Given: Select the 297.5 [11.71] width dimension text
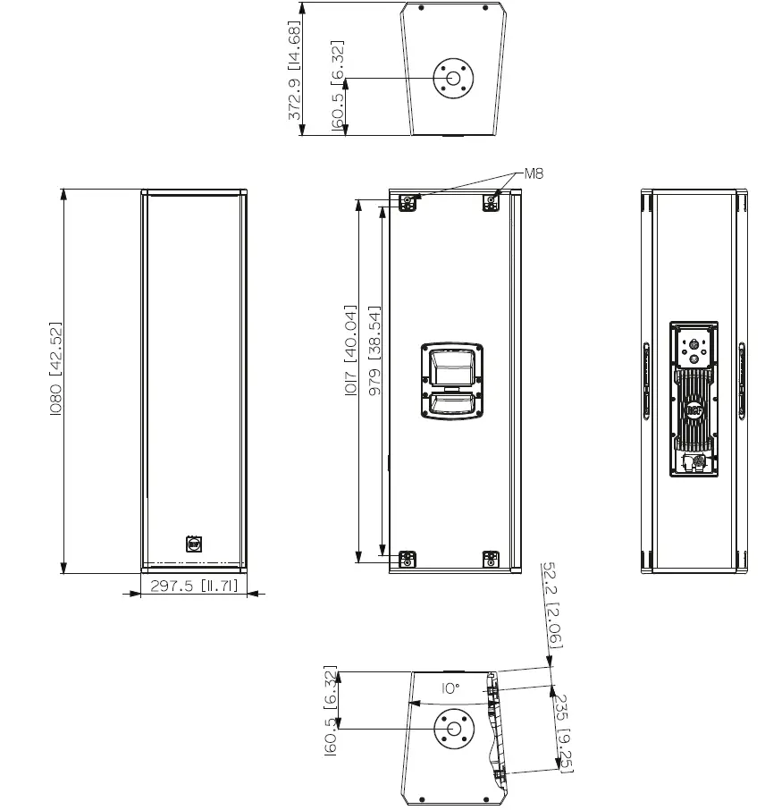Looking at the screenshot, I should coord(193,586).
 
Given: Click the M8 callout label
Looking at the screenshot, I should coord(533,174).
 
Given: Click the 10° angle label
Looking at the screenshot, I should coord(450,688).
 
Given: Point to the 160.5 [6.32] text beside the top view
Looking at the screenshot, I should coord(338,86).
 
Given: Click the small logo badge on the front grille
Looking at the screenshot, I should coord(193,543).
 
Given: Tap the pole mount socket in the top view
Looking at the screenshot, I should coord(453,78).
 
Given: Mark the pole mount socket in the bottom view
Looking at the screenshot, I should coord(453,729).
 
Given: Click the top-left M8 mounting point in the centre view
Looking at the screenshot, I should coord(408,203).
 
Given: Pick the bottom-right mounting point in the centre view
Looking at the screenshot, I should coord(490,560).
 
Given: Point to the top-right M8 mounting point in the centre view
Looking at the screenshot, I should coord(491,203).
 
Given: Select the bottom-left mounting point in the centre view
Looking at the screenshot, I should coord(408,560).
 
